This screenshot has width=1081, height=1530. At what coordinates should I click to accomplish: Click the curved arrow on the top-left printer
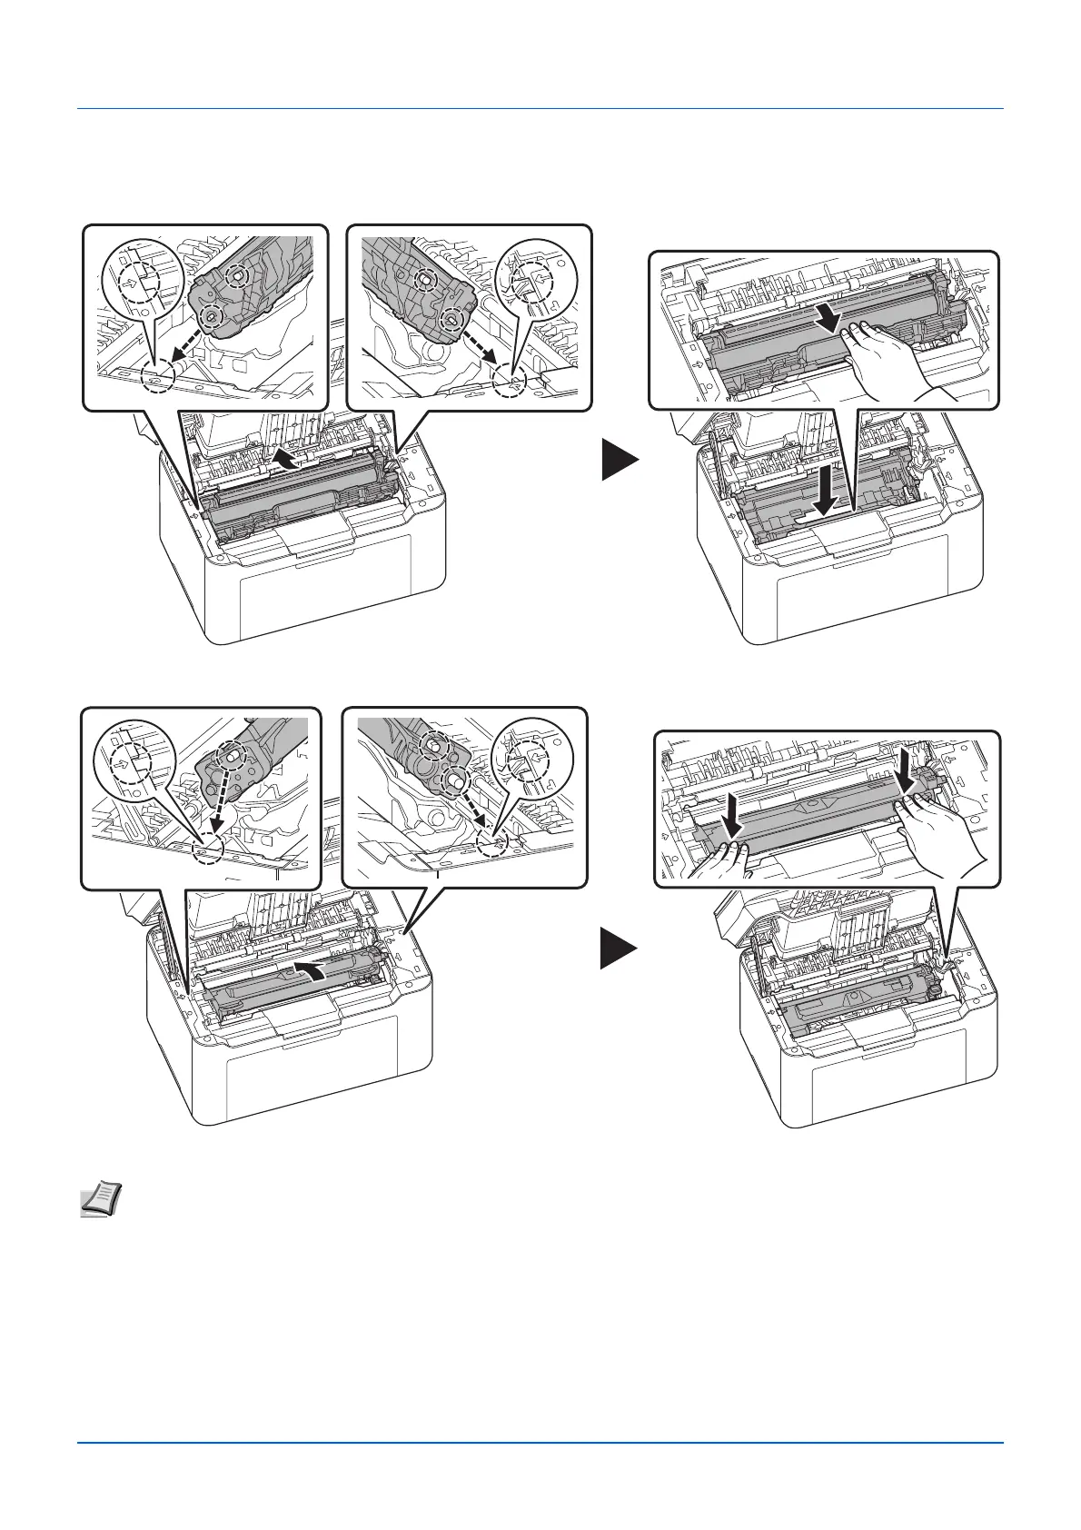[288, 455]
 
